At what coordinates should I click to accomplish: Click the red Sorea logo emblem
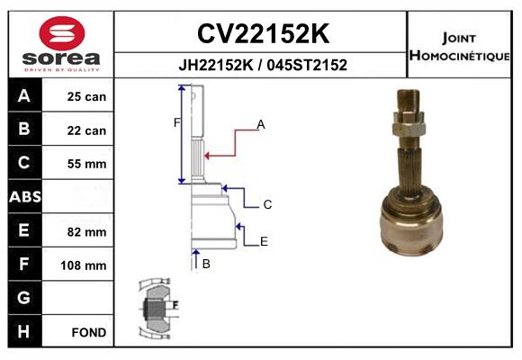click(x=62, y=33)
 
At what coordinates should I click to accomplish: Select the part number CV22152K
click(x=263, y=33)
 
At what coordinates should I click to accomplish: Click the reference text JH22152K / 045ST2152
click(x=263, y=65)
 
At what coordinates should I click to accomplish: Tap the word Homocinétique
click(x=459, y=56)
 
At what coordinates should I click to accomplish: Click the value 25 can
click(x=86, y=96)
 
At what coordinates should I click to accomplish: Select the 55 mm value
click(x=86, y=164)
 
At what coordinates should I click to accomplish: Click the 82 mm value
click(x=86, y=232)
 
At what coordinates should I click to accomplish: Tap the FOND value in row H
click(x=89, y=332)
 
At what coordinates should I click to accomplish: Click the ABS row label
click(x=25, y=196)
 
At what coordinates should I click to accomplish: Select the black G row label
click(x=25, y=298)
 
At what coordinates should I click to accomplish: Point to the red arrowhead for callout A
click(x=207, y=156)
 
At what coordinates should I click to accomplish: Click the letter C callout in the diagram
click(x=267, y=204)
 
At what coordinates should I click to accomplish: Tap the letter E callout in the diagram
click(x=264, y=241)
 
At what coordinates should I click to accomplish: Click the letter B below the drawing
click(x=206, y=264)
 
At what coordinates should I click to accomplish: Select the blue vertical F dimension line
click(x=182, y=134)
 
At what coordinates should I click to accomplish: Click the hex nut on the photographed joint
click(x=408, y=124)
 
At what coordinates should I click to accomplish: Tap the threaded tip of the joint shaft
click(x=408, y=101)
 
